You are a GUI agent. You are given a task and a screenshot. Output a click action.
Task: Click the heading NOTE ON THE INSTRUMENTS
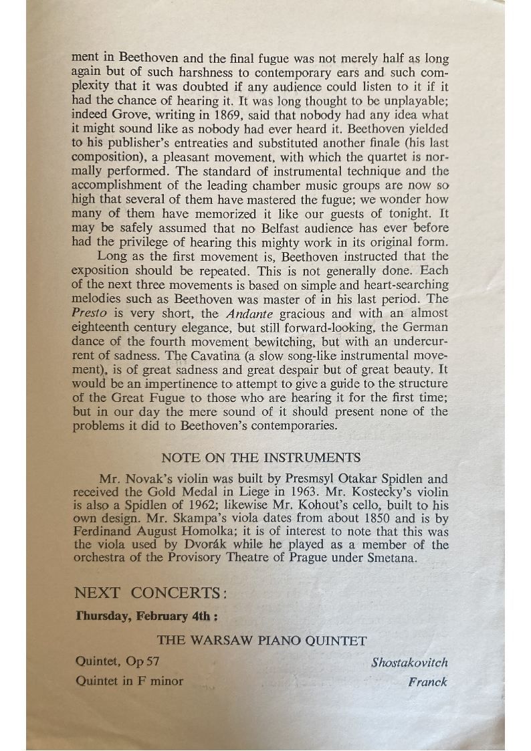click(261, 458)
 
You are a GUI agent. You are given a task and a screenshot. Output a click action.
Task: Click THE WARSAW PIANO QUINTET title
click(261, 641)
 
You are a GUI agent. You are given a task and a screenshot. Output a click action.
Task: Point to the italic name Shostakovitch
click(409, 663)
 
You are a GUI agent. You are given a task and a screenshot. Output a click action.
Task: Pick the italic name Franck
click(427, 682)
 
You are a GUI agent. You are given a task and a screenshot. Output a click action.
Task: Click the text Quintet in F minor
click(129, 682)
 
